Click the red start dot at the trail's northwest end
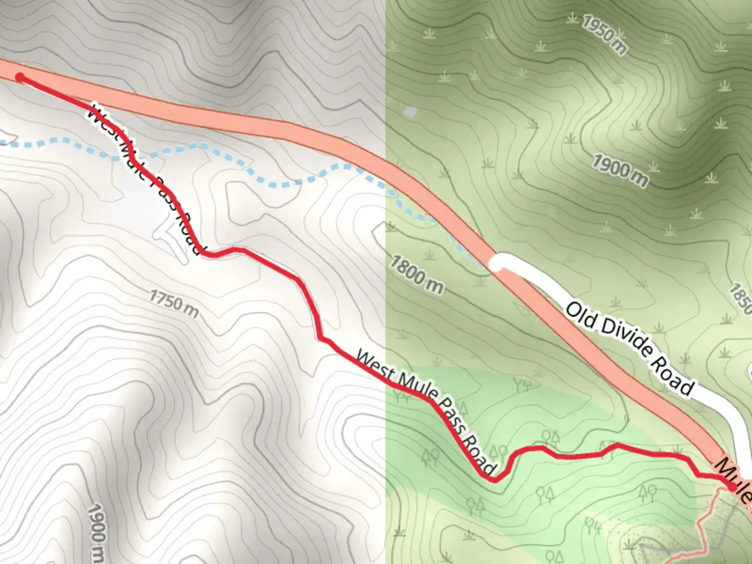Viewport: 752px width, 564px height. click(x=20, y=78)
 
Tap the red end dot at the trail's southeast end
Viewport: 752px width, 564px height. click(x=732, y=487)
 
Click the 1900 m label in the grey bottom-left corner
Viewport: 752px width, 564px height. click(x=97, y=530)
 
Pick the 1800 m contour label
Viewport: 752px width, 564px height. click(x=416, y=274)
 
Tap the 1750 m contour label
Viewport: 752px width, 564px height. click(x=174, y=303)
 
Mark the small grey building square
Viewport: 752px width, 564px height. click(x=412, y=112)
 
